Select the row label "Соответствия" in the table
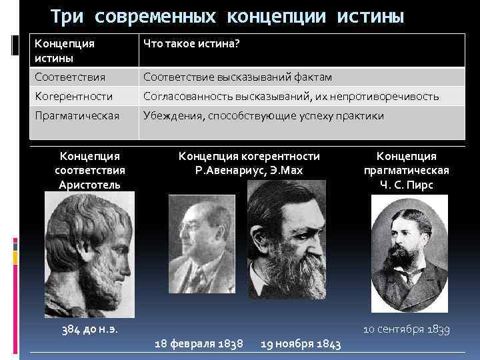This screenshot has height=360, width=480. (71, 77)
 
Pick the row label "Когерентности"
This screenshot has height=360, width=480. (74, 97)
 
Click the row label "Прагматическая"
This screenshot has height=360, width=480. (77, 116)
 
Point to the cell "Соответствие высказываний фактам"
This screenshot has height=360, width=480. (238, 77)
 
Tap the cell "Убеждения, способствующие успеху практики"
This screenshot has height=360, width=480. (264, 116)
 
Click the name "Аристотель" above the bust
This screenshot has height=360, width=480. (89, 184)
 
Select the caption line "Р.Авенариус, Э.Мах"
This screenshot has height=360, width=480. (249, 170)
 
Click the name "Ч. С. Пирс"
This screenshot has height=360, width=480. (407, 185)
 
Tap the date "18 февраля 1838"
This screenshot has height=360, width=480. (198, 343)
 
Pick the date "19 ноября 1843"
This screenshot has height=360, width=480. (301, 343)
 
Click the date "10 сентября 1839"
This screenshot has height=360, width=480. (407, 329)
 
